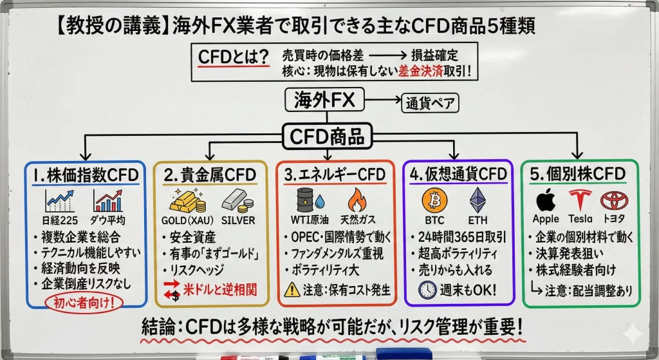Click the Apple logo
pyautogui.click(x=546, y=200)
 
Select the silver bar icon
pyautogui.click(x=237, y=201)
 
